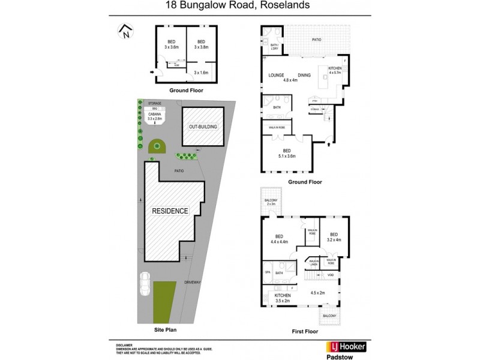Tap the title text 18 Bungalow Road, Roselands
[x=239, y=7]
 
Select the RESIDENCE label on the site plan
[x=170, y=211]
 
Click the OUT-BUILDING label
[x=202, y=128]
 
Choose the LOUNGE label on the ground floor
[x=276, y=75]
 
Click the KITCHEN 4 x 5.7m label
[x=335, y=71]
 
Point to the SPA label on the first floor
[x=268, y=271]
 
